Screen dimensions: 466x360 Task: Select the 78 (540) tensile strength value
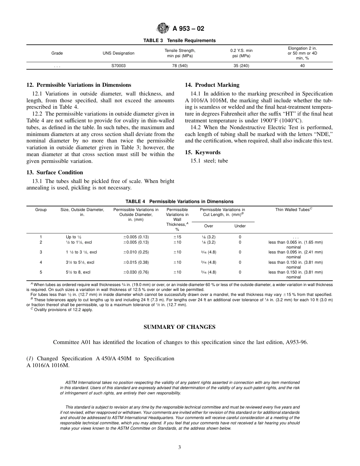180,66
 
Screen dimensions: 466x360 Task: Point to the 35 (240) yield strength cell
241,66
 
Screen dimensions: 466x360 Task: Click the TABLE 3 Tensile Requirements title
179,41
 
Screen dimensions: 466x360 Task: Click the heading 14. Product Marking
212,85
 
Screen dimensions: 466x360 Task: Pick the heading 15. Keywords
202,152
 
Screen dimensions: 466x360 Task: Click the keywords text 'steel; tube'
212,161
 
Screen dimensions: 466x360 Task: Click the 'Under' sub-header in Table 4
240,226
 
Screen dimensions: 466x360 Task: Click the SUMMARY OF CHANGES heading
179,327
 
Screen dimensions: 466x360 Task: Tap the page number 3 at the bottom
180,447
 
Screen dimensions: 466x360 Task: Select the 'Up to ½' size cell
74,237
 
